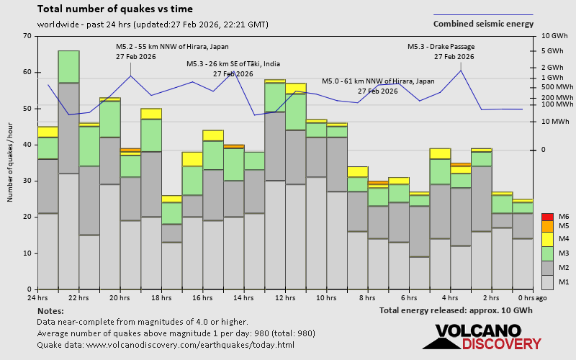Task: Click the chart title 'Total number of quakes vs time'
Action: [114, 9]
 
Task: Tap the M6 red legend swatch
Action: [548, 217]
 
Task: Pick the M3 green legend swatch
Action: [548, 253]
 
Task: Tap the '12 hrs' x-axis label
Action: [285, 298]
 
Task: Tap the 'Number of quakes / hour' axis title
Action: [11, 162]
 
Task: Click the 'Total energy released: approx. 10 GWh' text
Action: [456, 310]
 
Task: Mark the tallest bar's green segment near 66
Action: [68, 67]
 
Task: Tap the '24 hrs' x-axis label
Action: [37, 298]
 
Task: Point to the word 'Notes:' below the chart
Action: [50, 310]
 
